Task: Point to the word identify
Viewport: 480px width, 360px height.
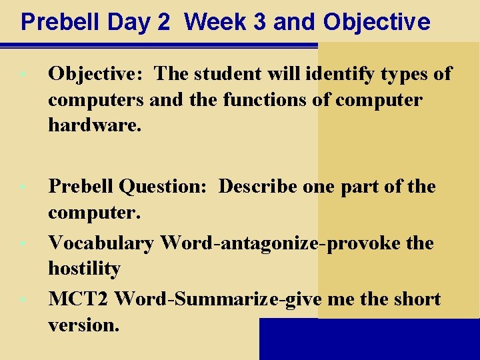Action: (x=339, y=74)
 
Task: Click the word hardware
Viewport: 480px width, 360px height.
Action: (x=95, y=125)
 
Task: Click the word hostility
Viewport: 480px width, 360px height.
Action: (x=84, y=269)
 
